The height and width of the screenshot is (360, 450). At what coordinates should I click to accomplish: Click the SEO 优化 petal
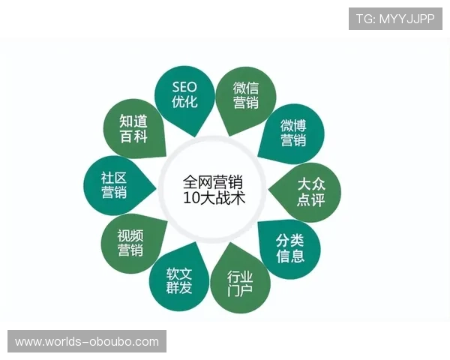(184, 95)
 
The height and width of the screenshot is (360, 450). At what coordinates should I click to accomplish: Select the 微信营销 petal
(245, 95)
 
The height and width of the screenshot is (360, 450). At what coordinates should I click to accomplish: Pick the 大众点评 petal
(310, 192)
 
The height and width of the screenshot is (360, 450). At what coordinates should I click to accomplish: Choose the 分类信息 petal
(289, 248)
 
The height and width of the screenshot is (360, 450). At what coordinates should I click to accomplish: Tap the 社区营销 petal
(114, 185)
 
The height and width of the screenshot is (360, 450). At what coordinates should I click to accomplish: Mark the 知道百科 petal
(133, 128)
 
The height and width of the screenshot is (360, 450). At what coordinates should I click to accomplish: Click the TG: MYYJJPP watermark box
(395, 19)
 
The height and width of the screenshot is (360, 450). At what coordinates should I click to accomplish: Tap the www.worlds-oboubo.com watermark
(87, 342)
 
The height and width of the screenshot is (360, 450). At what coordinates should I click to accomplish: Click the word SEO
(184, 88)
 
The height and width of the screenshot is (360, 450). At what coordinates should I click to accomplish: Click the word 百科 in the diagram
(133, 136)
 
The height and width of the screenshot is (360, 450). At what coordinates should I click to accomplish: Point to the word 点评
(310, 200)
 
